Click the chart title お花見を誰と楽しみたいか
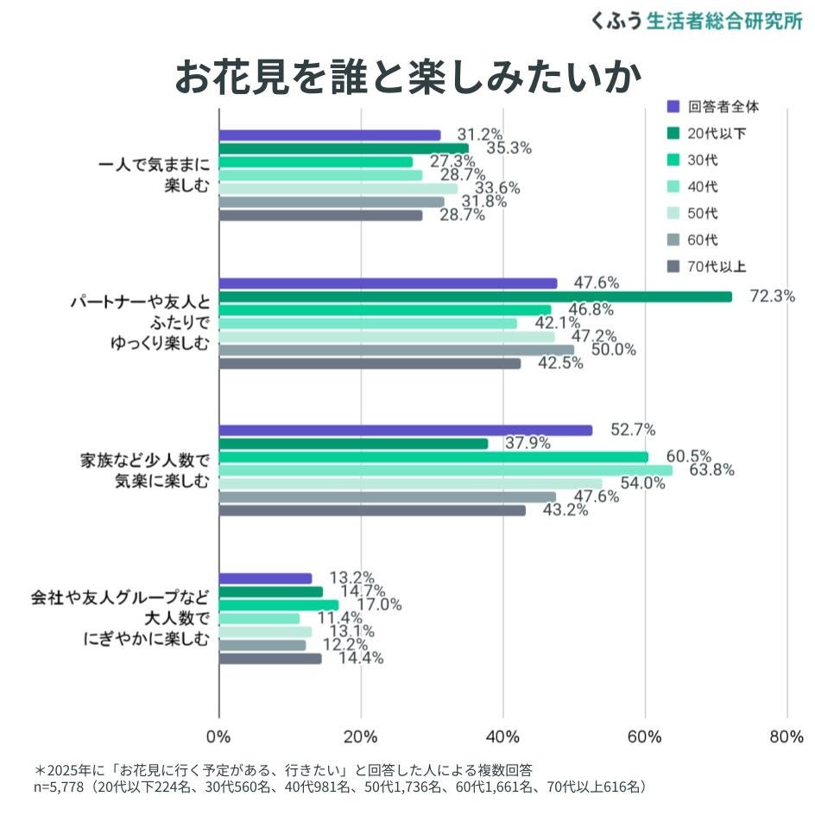click(407, 78)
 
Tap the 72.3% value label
click(772, 296)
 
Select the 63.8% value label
click(711, 471)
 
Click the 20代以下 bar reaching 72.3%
click(475, 297)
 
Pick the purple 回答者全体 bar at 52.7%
click(406, 431)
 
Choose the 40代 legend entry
click(703, 186)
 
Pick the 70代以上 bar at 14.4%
click(270, 659)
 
